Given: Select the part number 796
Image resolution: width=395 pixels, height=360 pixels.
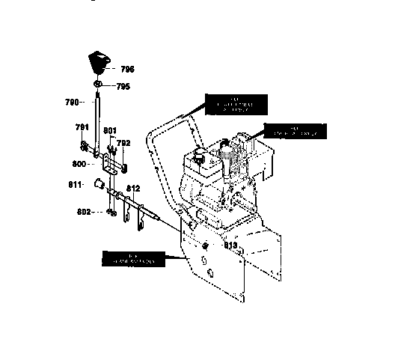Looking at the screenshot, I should pos(126,69).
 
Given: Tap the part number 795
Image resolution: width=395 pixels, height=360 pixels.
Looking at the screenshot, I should pos(123,86).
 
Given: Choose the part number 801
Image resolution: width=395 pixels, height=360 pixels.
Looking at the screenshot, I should pos(109,131).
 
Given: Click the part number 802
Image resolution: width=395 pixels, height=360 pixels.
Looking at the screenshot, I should pos(83,212).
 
